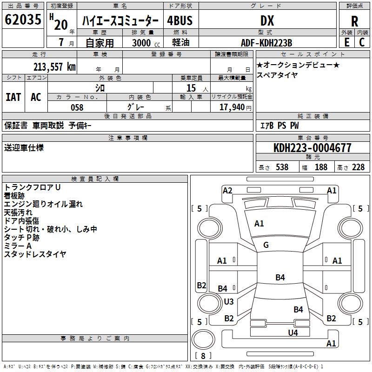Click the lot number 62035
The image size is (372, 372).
pos(23,20)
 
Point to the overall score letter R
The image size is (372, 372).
pos(354,21)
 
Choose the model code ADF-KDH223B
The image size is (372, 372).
pos(266,43)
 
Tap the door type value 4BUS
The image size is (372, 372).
pos(179,21)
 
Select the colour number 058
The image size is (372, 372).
pos(77,107)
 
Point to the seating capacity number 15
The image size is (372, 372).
pos(191,88)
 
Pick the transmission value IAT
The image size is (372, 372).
pos(13,97)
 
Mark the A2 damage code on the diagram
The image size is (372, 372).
pos(227,190)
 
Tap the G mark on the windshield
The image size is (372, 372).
pos(266,245)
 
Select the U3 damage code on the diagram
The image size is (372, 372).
pos(228,302)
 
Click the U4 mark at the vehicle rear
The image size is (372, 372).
pos(292,332)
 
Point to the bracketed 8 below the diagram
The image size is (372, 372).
pos(202,356)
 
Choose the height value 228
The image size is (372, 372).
pos(358,167)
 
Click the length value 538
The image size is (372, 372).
pos(282,167)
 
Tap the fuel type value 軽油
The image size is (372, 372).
pos(180,43)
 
